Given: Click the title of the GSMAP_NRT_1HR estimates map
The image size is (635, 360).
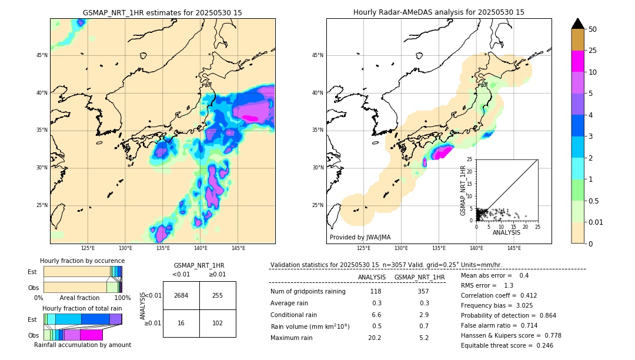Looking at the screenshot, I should (x=162, y=12).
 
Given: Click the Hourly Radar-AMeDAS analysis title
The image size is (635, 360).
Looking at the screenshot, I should (x=439, y=12).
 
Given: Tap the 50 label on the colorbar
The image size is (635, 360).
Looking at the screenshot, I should (x=593, y=29).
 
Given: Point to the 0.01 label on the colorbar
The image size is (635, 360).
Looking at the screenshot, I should (x=596, y=222).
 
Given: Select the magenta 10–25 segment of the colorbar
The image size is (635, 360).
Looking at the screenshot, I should (x=577, y=61).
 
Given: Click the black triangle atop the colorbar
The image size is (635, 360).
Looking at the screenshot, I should (x=577, y=24).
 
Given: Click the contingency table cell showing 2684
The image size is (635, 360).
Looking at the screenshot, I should (x=181, y=295).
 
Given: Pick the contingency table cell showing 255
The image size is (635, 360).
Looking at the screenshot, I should (x=218, y=295).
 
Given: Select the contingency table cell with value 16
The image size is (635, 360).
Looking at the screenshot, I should (x=181, y=323).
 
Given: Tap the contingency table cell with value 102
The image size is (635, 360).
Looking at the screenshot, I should (x=218, y=323).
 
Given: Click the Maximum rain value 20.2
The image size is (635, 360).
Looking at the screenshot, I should (x=375, y=338).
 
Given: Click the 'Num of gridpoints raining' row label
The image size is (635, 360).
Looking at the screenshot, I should (x=308, y=292).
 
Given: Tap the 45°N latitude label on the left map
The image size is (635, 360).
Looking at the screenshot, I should (x=42, y=55).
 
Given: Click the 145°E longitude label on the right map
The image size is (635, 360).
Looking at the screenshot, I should (x=514, y=248).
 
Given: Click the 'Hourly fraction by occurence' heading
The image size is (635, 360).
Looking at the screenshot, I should (x=82, y=261).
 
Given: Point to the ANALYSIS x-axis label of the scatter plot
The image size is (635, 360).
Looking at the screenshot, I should (x=507, y=232).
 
